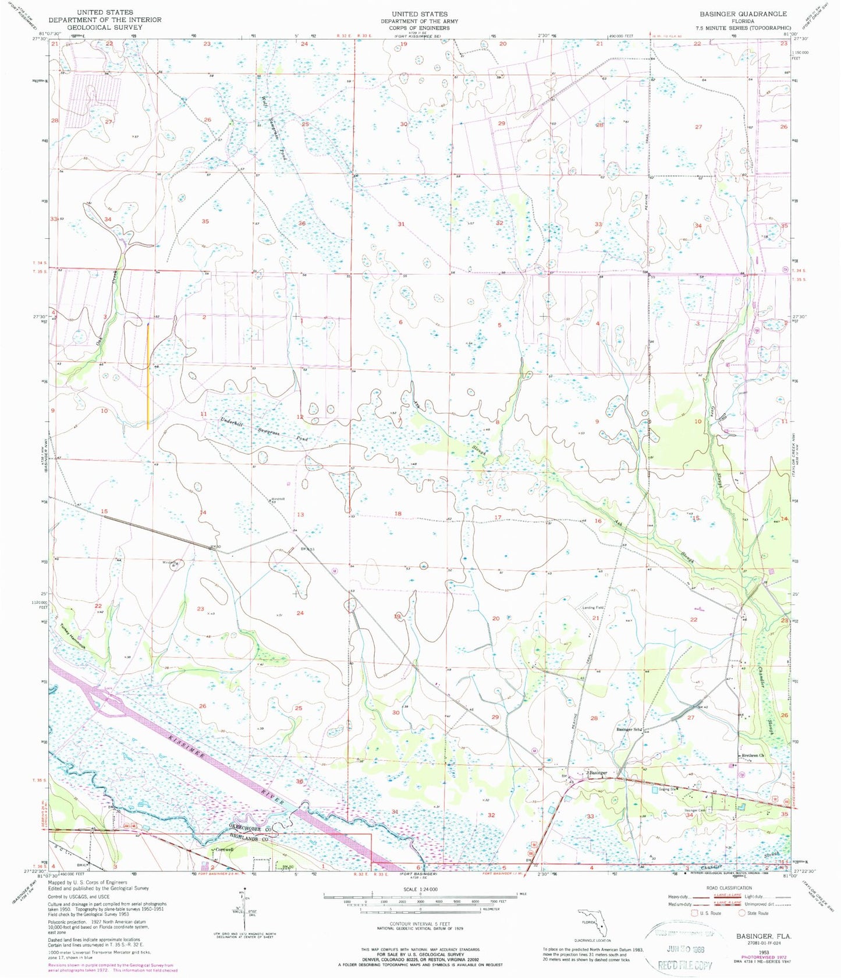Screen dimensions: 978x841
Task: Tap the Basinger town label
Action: (597, 772)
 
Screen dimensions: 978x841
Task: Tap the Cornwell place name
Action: (224, 849)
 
